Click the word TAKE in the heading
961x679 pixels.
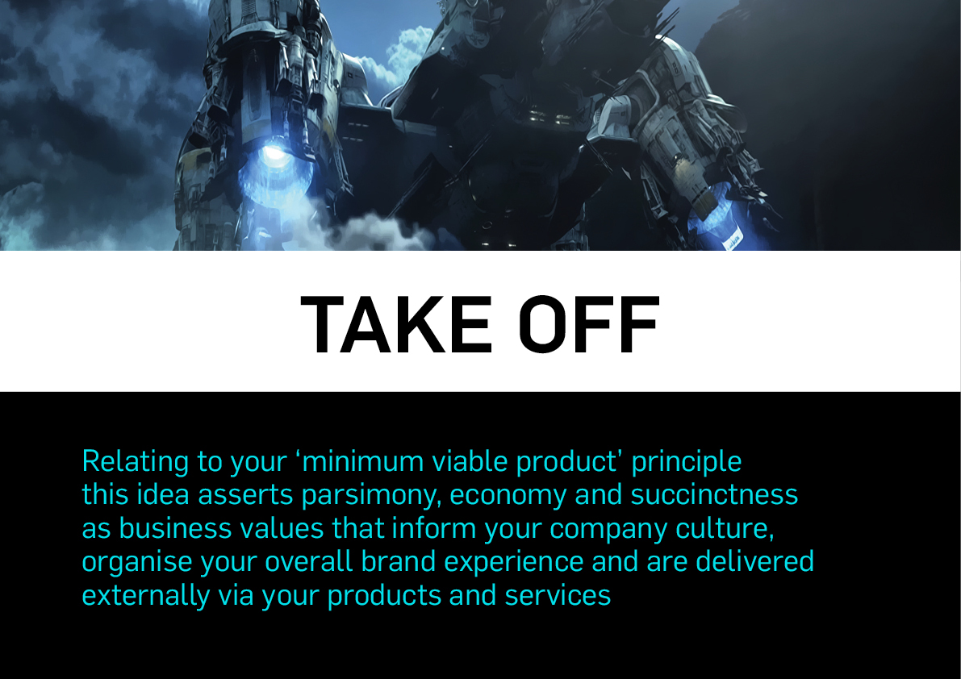pyautogui.click(x=396, y=324)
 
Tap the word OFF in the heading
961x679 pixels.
pyautogui.click(x=590, y=324)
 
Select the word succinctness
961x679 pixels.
pyautogui.click(x=714, y=494)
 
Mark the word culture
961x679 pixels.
pyautogui.click(x=725, y=528)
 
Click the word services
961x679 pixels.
pyautogui.click(x=558, y=595)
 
